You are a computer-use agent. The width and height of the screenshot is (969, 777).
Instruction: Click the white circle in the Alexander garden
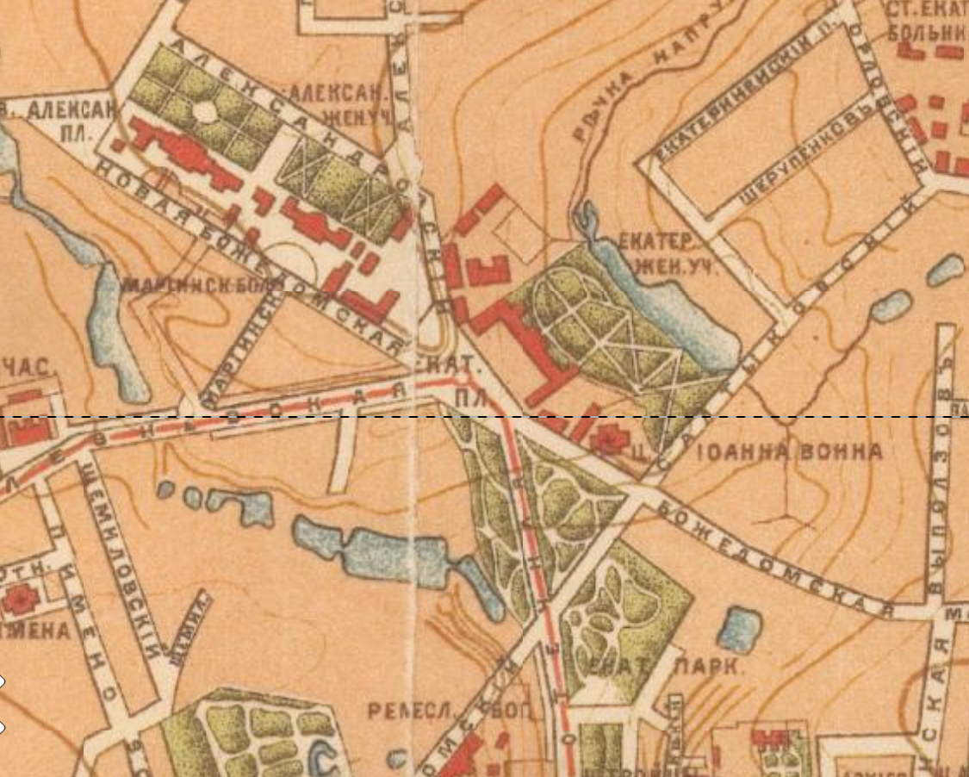click(x=206, y=110)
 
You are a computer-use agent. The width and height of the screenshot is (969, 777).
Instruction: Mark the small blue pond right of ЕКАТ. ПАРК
click(x=739, y=629)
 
